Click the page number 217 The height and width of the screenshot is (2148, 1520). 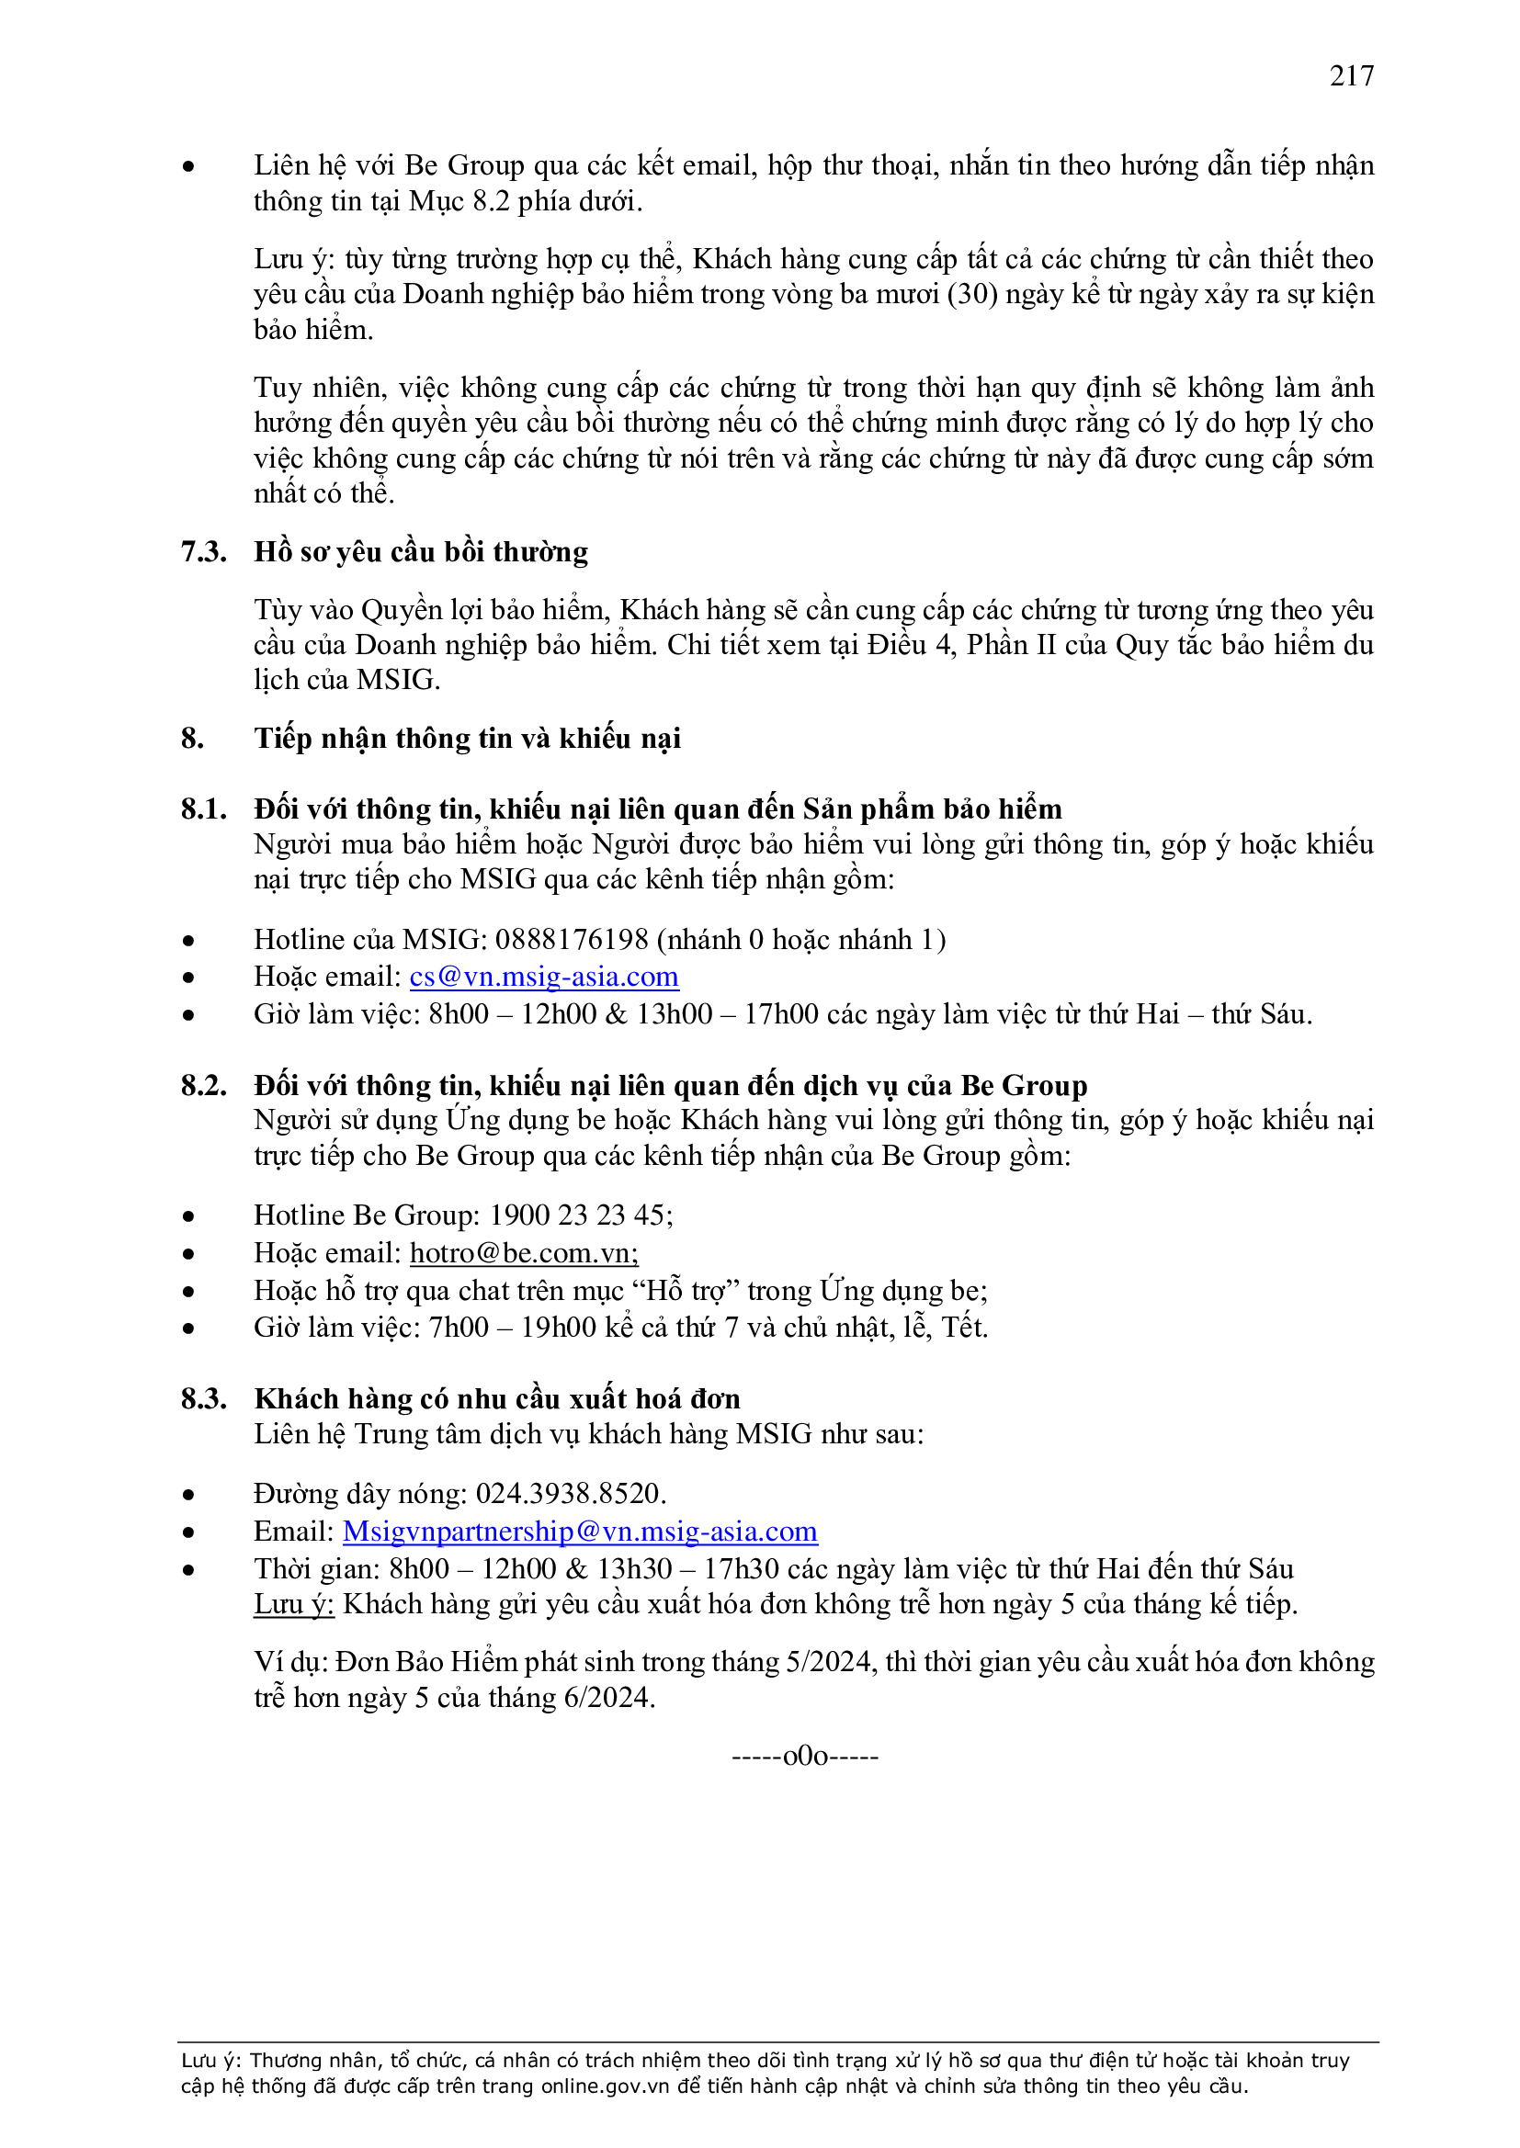(x=1351, y=75)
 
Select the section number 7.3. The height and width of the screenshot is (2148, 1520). (x=203, y=552)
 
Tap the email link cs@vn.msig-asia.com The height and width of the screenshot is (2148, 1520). (x=544, y=977)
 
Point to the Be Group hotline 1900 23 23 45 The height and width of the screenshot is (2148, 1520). (x=579, y=1215)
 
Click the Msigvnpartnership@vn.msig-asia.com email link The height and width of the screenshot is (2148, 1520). (x=579, y=1532)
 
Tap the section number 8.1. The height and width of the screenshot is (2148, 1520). (x=203, y=809)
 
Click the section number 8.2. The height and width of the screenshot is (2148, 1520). (x=203, y=1085)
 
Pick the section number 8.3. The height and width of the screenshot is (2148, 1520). (x=203, y=1398)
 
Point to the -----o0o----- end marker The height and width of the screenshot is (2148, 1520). (x=804, y=1756)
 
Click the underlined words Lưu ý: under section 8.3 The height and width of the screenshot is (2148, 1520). (x=294, y=1604)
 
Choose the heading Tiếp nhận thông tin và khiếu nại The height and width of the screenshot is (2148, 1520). (x=467, y=738)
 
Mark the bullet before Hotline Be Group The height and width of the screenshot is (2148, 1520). (x=189, y=1216)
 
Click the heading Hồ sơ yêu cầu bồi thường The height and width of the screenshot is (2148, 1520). (x=421, y=552)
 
